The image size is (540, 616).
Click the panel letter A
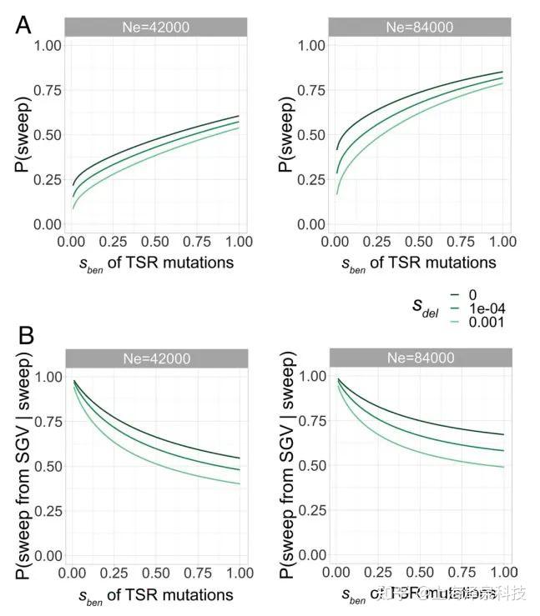click(x=23, y=25)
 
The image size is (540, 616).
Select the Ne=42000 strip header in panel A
click(x=152, y=27)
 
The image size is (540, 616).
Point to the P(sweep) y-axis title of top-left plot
click(x=23, y=134)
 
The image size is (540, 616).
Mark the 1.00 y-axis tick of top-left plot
click(x=48, y=45)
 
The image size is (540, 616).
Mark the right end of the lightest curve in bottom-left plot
click(x=240, y=483)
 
